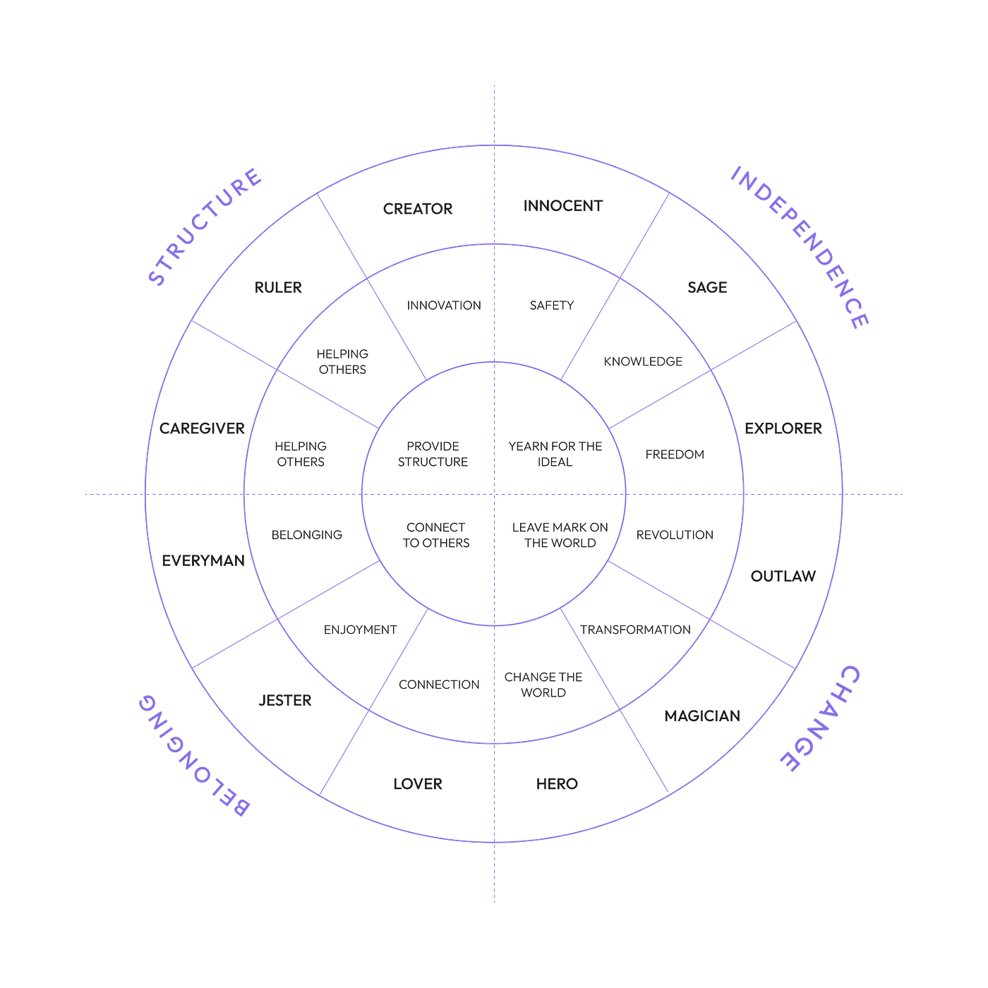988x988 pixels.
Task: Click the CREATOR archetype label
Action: [x=418, y=209]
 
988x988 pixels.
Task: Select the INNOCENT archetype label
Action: [x=562, y=206]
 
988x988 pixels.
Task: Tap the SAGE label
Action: [x=707, y=287]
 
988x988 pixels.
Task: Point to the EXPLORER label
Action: [x=783, y=428]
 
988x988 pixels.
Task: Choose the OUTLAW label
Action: [x=783, y=577]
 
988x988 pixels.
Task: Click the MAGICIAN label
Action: [x=703, y=716]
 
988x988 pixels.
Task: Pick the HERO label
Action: [x=557, y=784]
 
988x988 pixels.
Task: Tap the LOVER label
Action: [x=418, y=784]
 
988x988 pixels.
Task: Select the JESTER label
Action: [x=285, y=701]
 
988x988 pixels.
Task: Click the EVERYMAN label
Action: [x=204, y=561]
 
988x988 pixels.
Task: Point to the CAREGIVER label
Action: [x=202, y=428]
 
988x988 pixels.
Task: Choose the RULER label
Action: [x=278, y=287]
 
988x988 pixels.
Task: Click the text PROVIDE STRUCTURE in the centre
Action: [x=433, y=454]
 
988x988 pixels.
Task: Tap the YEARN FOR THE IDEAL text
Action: [x=555, y=454]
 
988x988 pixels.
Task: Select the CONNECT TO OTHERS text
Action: [x=436, y=535]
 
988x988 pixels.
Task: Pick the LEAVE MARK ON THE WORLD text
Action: [x=560, y=535]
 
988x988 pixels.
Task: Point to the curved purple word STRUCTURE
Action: [x=205, y=226]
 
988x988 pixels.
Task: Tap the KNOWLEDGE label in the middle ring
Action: [x=643, y=361]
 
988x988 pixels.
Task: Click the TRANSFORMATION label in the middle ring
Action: [x=635, y=629]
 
